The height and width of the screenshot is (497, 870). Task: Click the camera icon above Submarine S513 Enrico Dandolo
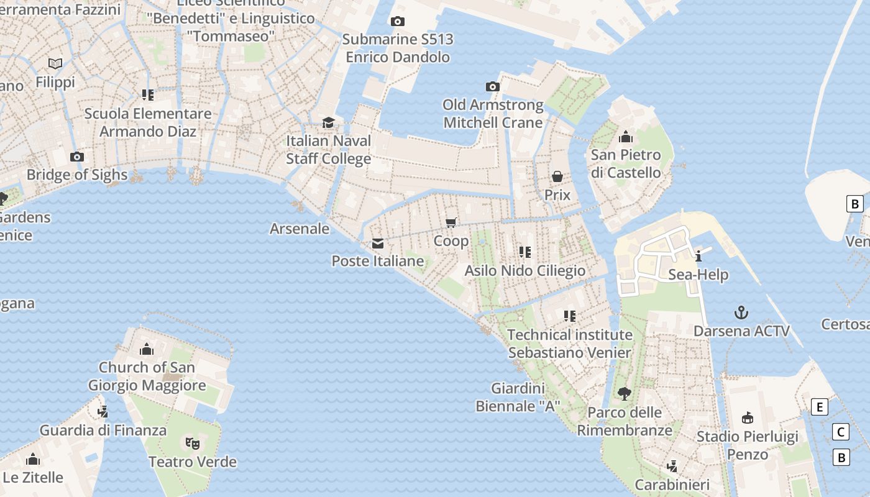point(398,22)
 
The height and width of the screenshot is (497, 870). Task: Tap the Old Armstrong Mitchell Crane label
point(493,114)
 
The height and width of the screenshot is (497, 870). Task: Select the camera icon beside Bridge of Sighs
point(77,157)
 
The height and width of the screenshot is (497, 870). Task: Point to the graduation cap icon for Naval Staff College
point(328,122)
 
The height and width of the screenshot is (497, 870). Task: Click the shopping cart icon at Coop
point(451,222)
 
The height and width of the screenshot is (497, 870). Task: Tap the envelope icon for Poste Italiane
point(378,244)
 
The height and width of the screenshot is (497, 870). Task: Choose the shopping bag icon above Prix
point(557,176)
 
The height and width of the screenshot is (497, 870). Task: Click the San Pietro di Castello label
point(626,164)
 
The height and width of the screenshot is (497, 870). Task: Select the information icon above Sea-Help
point(698,255)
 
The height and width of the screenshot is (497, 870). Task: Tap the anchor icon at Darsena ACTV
point(741,312)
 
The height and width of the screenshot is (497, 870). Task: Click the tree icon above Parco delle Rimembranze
point(625,393)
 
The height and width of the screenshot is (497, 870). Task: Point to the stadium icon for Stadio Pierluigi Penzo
point(748,417)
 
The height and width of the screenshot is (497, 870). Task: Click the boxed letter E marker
point(820,408)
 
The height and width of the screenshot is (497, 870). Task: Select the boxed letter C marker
point(841,432)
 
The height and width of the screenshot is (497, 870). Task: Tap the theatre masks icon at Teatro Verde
point(193,443)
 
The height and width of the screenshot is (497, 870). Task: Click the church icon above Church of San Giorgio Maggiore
point(147,349)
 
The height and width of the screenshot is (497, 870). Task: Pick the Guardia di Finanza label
point(103,430)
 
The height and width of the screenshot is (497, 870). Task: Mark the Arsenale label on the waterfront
point(300,229)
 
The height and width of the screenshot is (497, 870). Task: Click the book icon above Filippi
point(55,63)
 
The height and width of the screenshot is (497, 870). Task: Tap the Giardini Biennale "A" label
point(518,398)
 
